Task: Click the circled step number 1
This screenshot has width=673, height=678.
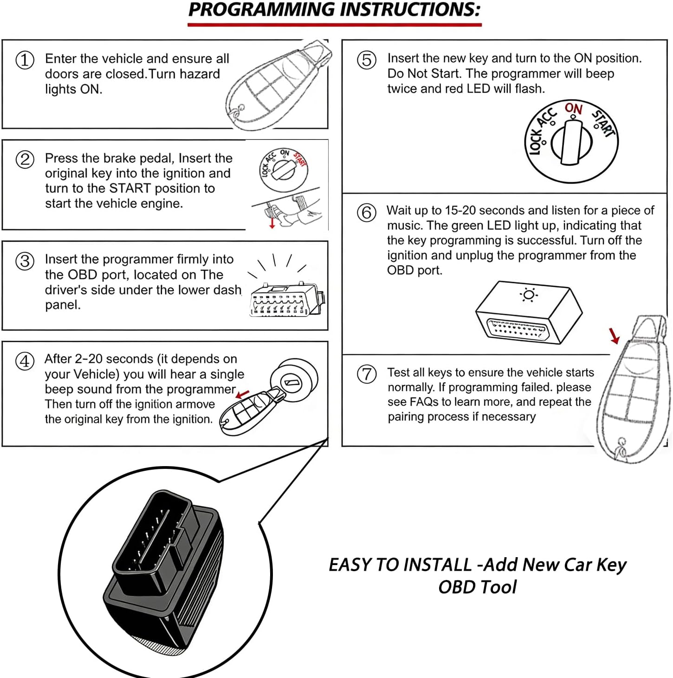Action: pyautogui.click(x=25, y=60)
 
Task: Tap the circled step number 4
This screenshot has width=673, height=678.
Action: pyautogui.click(x=25, y=361)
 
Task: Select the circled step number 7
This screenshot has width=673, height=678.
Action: pyautogui.click(x=367, y=374)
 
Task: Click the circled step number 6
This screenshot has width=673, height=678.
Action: pyautogui.click(x=367, y=213)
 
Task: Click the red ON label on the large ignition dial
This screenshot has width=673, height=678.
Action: pyautogui.click(x=573, y=109)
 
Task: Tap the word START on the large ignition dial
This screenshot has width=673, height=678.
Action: pyautogui.click(x=603, y=123)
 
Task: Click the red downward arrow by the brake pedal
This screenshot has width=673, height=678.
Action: pyautogui.click(x=272, y=223)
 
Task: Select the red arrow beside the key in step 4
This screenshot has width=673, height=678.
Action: pyautogui.click(x=242, y=395)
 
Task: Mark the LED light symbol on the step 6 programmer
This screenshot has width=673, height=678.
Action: pyautogui.click(x=529, y=295)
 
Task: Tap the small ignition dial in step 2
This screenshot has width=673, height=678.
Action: pyautogui.click(x=284, y=170)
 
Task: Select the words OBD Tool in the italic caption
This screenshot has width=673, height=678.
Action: pyautogui.click(x=477, y=587)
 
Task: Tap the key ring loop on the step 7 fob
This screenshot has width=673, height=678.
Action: pyautogui.click(x=621, y=448)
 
